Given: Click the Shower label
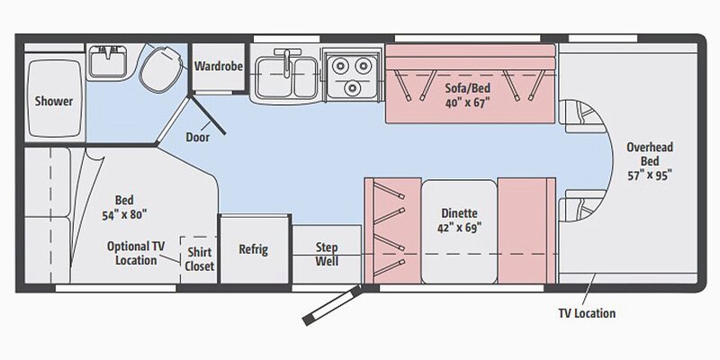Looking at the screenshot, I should coord(53,101).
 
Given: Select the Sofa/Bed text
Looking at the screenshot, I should coord(466,88).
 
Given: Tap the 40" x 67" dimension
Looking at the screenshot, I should coord(466,103).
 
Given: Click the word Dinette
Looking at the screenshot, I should coord(459,213).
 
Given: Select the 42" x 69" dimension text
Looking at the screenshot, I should coord(459,228).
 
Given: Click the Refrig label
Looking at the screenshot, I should coord(252,249).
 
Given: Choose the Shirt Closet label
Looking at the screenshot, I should coord(200,258).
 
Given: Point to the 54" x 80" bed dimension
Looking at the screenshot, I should coord(124,214).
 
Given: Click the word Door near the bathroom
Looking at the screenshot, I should coord(197,138).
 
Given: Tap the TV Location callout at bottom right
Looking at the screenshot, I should coord(586,313).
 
